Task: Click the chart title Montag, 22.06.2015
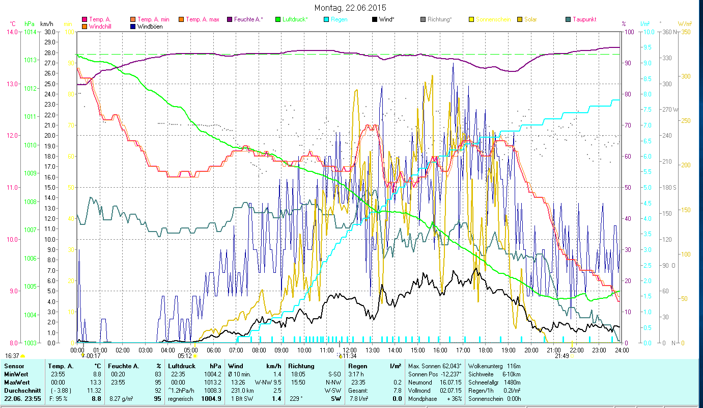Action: pyautogui.click(x=350, y=8)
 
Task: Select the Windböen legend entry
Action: pyautogui.click(x=150, y=27)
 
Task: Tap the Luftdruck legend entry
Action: pyautogui.click(x=293, y=19)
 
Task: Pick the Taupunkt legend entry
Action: pyautogui.click(x=584, y=19)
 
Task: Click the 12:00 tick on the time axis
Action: pyautogui.click(x=350, y=350)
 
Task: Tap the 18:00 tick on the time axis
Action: pyautogui.click(x=486, y=350)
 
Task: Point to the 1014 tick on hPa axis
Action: pyautogui.click(x=30, y=32)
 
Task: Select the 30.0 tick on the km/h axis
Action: pyautogui.click(x=49, y=32)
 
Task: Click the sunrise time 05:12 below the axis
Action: pyautogui.click(x=184, y=356)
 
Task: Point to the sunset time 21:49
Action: pyautogui.click(x=561, y=356)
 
